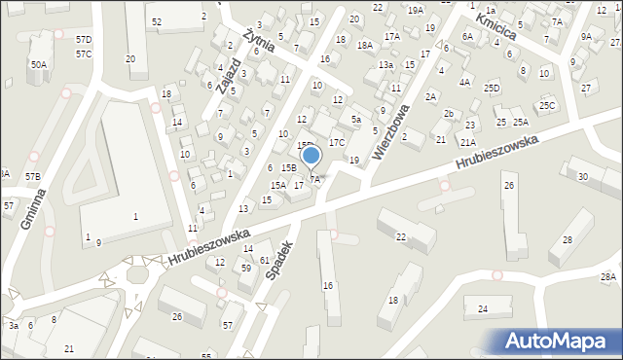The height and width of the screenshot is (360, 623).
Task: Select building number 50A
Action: pyautogui.click(x=38, y=64)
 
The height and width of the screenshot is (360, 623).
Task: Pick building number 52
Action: pyautogui.click(x=157, y=21)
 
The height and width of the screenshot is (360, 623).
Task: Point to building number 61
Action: pyautogui.click(x=265, y=261)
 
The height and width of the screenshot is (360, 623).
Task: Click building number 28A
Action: pyautogui.click(x=608, y=277)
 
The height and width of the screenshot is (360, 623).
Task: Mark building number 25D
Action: pyautogui.click(x=492, y=89)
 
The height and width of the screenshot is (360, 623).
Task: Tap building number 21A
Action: pyautogui.click(x=468, y=142)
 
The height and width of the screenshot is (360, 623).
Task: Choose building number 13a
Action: pyautogui.click(x=385, y=64)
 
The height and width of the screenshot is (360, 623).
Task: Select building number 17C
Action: pyautogui.click(x=336, y=142)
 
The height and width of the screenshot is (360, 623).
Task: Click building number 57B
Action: pyautogui.click(x=33, y=176)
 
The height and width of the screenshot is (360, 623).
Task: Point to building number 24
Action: pyautogui.click(x=482, y=309)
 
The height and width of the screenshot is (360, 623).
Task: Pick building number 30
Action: pyautogui.click(x=582, y=176)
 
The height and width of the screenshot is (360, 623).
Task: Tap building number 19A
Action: pyautogui.click(x=416, y=10)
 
